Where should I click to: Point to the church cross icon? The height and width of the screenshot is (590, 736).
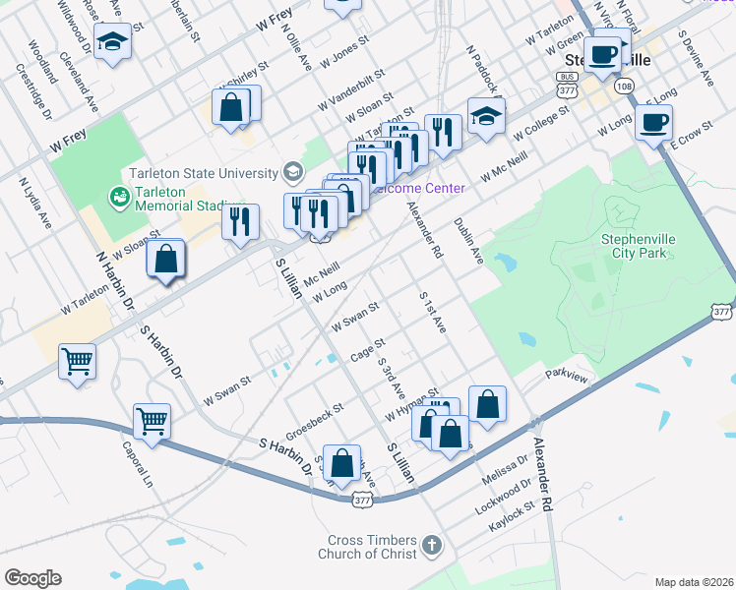tap(431, 544)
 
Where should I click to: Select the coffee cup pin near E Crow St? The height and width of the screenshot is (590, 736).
tap(653, 122)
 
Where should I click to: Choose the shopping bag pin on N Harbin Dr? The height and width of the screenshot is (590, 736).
tap(166, 260)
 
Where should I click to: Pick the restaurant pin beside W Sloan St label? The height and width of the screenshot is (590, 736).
tap(240, 221)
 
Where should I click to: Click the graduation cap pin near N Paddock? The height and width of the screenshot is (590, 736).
tap(486, 115)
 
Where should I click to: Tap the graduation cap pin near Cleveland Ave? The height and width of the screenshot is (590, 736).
tap(113, 42)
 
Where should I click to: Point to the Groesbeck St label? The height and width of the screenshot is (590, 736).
tap(315, 421)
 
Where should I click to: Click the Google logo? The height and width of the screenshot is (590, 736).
tap(32, 578)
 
